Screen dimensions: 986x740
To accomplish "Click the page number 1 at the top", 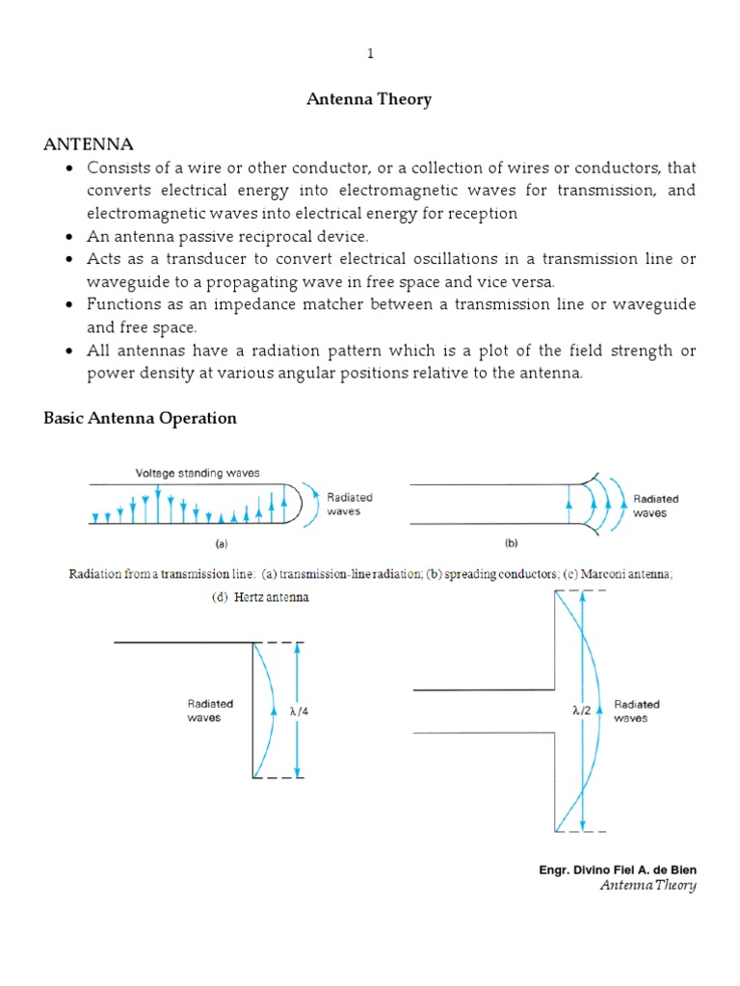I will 370,54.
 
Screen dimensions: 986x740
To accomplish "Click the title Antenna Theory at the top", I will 370,99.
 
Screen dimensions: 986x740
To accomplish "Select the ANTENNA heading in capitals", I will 89,144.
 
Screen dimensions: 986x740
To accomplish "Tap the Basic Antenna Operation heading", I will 141,418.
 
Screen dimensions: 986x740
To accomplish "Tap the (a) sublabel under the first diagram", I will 221,543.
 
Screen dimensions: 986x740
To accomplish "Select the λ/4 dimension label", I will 300,713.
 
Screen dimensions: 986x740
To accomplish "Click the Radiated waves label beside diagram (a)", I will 350,505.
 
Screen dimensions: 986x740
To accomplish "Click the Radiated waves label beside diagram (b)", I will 655,506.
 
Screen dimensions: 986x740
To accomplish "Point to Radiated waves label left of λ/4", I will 210,712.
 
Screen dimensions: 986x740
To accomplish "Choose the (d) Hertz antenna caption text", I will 260,597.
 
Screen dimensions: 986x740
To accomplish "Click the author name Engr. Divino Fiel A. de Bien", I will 617,869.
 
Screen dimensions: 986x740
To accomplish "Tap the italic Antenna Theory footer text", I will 647,886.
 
